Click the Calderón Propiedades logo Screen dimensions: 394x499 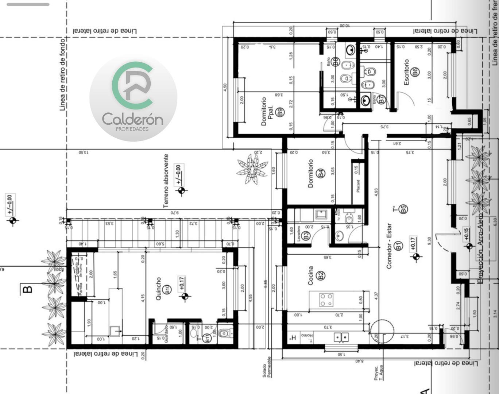coord(133,97)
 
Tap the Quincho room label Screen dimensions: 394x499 coord(158,289)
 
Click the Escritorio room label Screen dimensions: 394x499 coord(406,72)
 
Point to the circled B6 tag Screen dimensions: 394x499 coord(416,72)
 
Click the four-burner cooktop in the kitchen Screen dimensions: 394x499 coord(326,300)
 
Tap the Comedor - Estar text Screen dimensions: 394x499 coord(389,246)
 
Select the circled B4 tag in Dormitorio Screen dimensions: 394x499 coord(321,173)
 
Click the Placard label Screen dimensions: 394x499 coord(358,186)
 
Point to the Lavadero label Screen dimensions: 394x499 coord(299,233)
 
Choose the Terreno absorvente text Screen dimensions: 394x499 coord(166,181)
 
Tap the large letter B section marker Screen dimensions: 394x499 coord(27,289)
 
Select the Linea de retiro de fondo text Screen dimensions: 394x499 coord(62,74)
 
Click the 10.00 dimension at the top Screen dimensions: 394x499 coord(344,26)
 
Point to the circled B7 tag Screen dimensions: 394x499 coord(382,99)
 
